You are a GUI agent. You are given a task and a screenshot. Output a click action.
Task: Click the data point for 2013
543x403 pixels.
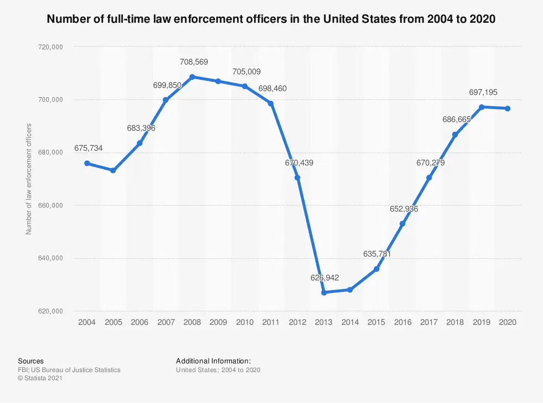point(324,292)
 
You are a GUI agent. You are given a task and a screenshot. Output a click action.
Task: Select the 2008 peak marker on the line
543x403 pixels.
point(192,77)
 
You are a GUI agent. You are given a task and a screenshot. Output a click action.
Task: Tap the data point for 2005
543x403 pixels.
point(113,170)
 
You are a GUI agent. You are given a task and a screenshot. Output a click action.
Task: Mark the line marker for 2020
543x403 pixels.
point(507,108)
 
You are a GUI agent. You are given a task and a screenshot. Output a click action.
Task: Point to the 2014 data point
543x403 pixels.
point(350,290)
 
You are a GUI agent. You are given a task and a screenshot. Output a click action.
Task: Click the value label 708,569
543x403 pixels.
point(194,62)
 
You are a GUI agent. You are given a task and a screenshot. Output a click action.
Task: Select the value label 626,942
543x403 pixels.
point(324,278)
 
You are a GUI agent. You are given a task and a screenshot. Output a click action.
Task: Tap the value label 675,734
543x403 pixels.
point(89,148)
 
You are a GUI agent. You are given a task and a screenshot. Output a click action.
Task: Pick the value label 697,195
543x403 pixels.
point(483,92)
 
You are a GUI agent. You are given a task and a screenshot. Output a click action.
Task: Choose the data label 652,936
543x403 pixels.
point(403,209)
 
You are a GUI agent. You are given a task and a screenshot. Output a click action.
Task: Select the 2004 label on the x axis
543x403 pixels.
point(87,322)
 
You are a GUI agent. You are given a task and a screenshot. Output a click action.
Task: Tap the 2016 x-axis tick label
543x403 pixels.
point(402,322)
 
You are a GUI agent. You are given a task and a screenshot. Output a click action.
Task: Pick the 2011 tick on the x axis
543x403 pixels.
point(271,322)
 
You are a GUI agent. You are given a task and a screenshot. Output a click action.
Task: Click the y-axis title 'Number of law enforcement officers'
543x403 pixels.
point(29,179)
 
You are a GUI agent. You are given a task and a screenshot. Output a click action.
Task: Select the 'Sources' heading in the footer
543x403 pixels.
point(31,361)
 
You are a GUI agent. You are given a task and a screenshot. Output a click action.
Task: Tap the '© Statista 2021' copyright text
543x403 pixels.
point(41,379)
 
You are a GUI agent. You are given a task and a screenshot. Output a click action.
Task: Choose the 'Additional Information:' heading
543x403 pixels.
point(213,361)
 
